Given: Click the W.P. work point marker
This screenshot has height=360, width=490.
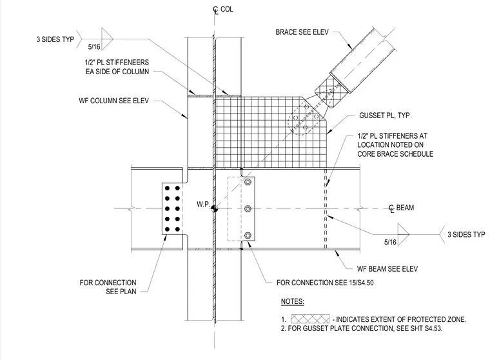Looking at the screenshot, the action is coord(214,208).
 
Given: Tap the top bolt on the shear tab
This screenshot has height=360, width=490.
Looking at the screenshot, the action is coord(248,182).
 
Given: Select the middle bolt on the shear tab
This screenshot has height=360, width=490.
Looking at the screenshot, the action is coord(248,208).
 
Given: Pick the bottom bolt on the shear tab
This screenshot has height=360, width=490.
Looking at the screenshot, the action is coord(248,235).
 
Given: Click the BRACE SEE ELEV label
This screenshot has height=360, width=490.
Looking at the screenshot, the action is coord(302,32).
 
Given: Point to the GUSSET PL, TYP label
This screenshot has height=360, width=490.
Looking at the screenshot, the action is coord(384,115).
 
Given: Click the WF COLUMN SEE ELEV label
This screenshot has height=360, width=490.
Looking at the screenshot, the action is coord(113,101).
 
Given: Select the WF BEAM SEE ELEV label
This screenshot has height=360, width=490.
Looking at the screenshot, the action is coord(387,268).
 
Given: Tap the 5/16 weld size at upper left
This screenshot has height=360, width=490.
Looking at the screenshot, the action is coord(94,47).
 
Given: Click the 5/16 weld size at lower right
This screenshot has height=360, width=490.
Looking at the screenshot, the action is coord(390,242).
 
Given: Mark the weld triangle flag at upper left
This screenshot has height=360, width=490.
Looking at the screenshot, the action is coord(107,39).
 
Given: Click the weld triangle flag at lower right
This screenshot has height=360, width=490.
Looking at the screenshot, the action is coord(403,234).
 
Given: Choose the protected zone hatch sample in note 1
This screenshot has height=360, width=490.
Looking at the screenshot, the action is coord(310,319).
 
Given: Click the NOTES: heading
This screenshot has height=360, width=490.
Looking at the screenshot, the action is coord(293,301).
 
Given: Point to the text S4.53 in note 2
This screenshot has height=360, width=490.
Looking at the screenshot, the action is coord(432,328).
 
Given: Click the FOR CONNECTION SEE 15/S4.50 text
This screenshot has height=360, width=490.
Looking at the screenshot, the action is coord(325,283).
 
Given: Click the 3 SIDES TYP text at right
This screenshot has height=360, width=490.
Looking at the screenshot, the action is coord(466,235).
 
